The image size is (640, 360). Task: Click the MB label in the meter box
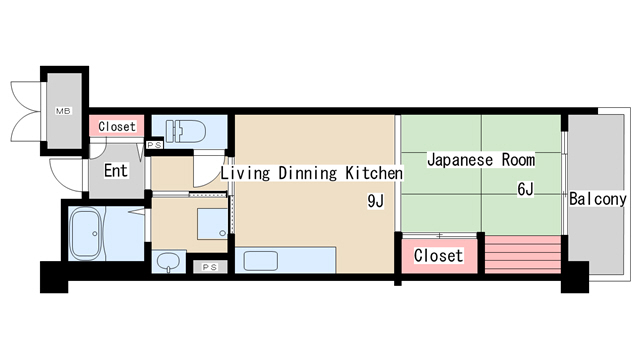click(62, 110)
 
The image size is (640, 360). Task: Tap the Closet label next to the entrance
click(116, 127)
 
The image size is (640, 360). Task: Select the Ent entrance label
click(116, 170)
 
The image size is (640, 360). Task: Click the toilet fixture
click(187, 130)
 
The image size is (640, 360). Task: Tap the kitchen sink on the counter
click(262, 262)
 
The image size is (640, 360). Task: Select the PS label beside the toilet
click(155, 145)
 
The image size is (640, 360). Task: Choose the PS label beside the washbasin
click(209, 267)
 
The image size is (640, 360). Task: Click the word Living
click(245, 173)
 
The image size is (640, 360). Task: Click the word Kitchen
click(373, 173)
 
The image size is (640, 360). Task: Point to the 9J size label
click(376, 202)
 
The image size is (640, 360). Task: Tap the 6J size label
click(525, 189)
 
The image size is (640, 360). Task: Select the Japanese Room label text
click(481, 159)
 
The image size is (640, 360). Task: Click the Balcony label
click(598, 199)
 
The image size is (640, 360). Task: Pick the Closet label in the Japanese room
click(438, 256)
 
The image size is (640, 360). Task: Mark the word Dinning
click(307, 173)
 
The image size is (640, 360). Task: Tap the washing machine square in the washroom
click(211, 224)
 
